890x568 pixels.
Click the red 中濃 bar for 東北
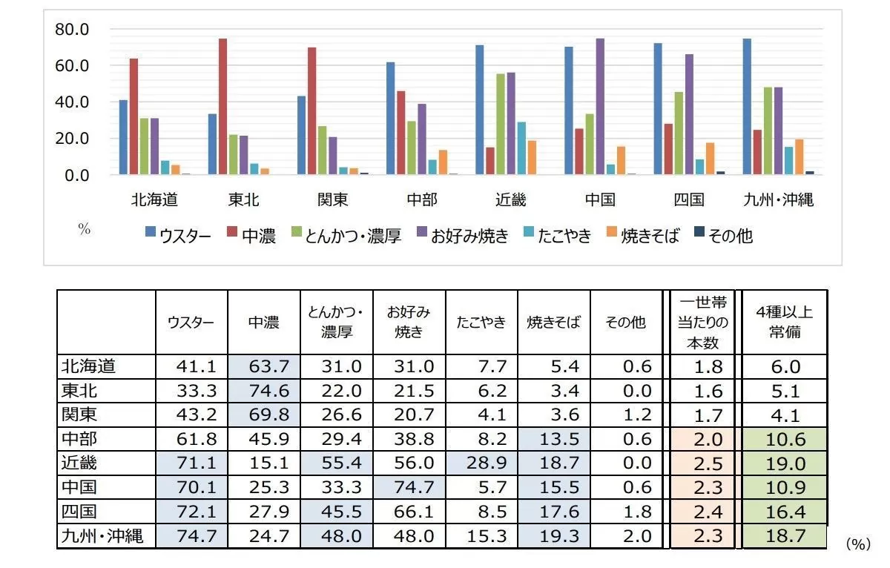[222, 107]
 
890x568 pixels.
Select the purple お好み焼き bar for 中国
[600, 107]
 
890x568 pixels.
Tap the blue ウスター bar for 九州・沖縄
[747, 107]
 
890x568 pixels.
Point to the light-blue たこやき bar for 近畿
[521, 148]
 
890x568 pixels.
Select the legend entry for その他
[723, 236]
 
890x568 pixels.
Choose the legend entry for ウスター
[178, 236]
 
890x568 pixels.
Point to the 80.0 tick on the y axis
[72, 30]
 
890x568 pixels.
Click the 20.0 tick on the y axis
[72, 139]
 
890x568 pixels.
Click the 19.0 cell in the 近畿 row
[784, 463]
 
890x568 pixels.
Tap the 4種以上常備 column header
[784, 322]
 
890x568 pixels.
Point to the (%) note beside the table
[857, 544]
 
